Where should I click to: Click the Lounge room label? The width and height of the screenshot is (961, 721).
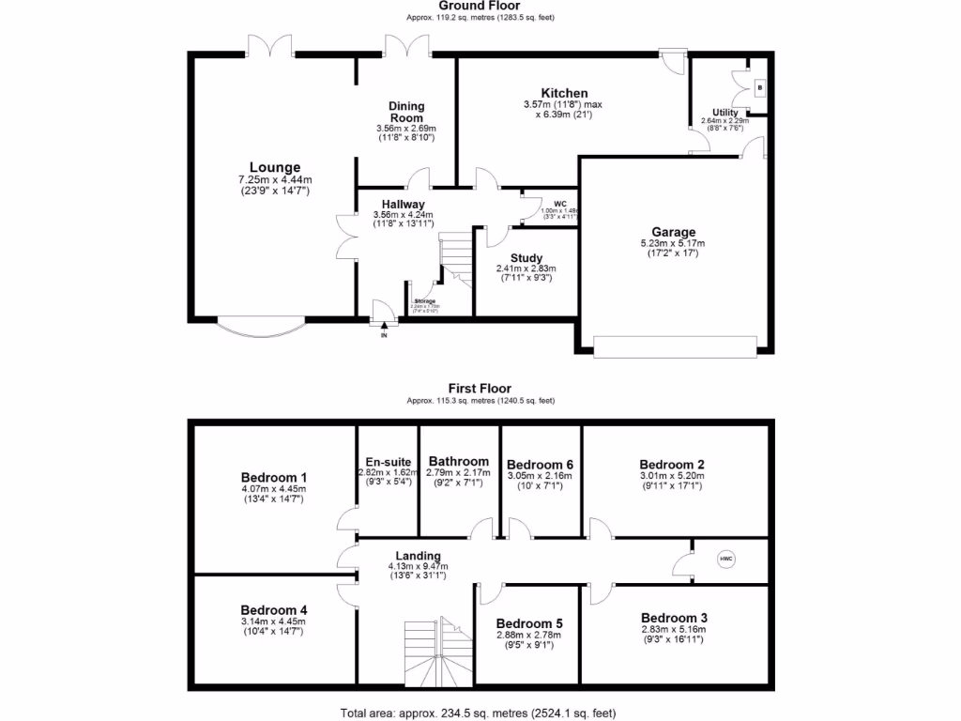coord(274,168)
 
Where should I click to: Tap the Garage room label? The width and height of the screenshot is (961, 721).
coord(674,232)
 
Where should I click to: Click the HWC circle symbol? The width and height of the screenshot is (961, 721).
coord(725,560)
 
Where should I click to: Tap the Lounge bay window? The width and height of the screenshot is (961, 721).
coord(261,326)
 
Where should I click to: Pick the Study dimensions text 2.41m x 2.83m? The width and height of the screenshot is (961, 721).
coord(526,268)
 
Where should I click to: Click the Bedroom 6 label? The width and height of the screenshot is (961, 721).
coord(540,464)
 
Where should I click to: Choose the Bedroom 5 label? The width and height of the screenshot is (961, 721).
coord(529,623)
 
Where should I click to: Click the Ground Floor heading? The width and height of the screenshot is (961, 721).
coord(480,6)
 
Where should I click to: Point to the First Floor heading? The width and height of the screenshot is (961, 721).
coord(480,388)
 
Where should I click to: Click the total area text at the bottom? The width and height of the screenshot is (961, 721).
coord(480,713)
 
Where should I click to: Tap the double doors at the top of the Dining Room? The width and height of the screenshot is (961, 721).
coord(406,45)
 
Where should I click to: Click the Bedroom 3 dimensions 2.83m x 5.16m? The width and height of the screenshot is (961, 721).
coord(674,629)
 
